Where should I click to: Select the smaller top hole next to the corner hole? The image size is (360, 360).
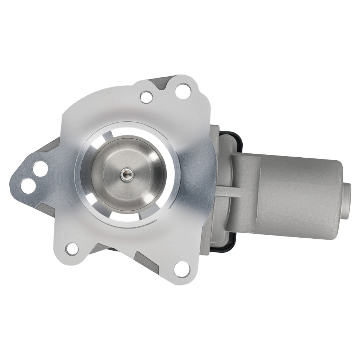(146, 96)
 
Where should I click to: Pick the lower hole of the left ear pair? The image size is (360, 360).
(28, 185)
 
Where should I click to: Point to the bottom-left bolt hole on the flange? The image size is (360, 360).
(72, 248)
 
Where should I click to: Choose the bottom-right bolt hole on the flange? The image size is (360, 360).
(182, 269)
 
